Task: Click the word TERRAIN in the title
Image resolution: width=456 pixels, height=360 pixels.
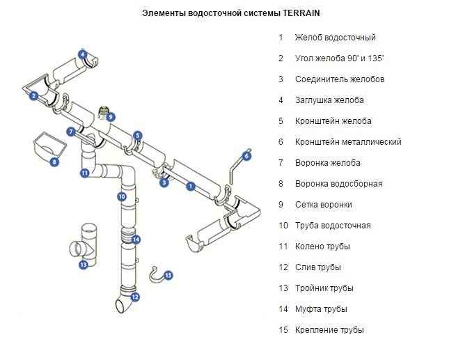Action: click(x=303, y=13)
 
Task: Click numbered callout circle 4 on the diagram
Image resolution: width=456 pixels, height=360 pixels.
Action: click(x=83, y=54)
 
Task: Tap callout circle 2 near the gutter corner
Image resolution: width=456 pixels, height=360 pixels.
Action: click(x=33, y=95)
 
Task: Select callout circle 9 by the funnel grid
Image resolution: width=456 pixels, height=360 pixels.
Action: click(x=111, y=117)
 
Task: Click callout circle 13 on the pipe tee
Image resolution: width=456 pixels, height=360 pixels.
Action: click(x=84, y=265)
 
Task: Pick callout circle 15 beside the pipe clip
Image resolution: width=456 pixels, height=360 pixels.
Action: click(x=168, y=275)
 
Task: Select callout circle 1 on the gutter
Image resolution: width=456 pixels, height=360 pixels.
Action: click(x=191, y=186)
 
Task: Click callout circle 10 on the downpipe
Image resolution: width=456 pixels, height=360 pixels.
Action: click(x=121, y=197)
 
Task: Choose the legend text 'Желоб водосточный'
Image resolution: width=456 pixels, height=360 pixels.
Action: click(x=335, y=38)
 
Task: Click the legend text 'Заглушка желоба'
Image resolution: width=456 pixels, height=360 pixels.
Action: click(x=329, y=100)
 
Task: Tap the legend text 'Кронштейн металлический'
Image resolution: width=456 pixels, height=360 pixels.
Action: click(x=347, y=142)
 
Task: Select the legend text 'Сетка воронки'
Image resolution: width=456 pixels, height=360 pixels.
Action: click(x=323, y=205)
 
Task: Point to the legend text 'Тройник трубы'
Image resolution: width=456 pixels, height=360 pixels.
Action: click(x=324, y=288)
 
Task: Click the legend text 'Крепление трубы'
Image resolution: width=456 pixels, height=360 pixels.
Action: click(x=329, y=330)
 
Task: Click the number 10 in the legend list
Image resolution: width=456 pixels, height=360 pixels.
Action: click(x=283, y=226)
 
